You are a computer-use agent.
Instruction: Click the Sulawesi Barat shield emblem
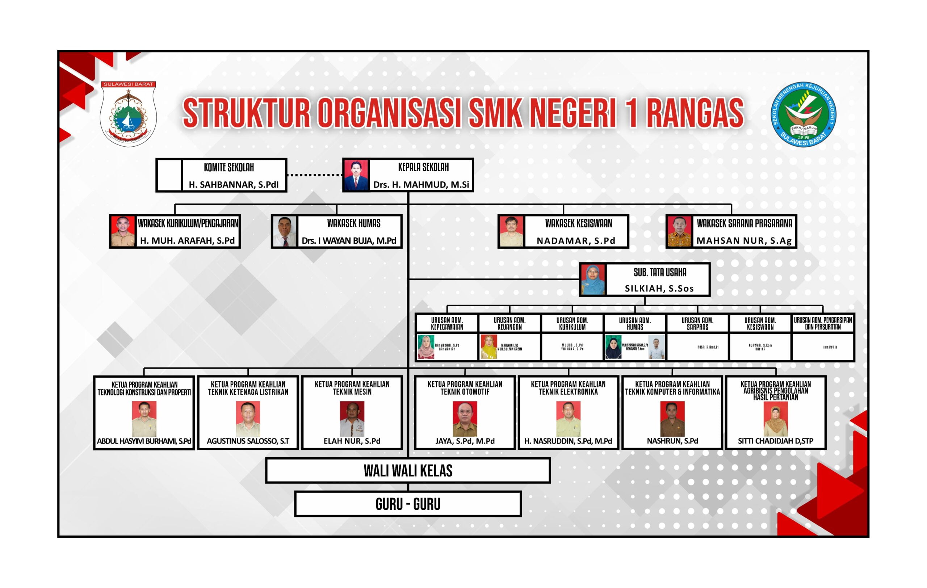pos(128,114)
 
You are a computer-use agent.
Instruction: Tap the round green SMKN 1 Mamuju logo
pos(803,114)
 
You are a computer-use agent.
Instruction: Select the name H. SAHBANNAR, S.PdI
pos(233,185)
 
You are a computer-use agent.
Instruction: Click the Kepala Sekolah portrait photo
pos(356,176)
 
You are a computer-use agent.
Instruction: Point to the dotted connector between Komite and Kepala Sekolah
pos(315,175)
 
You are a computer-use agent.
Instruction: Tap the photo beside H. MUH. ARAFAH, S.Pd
pos(123,231)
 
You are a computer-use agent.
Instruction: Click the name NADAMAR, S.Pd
pos(576,241)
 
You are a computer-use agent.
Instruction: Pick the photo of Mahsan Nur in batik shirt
pos(679,231)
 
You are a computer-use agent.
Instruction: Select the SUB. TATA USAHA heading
pos(660,272)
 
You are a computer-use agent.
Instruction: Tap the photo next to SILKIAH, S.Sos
pos(593,280)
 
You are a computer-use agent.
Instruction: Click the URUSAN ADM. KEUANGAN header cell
pos(509,323)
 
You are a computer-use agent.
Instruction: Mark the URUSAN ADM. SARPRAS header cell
pos(697,323)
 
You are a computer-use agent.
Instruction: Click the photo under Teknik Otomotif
pos(465,419)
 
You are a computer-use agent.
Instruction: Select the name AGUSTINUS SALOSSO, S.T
pos(248,441)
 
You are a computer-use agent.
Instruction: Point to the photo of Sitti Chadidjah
pos(775,419)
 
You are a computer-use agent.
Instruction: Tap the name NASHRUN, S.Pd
pos(672,441)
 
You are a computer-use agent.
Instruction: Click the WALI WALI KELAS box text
pos(408,471)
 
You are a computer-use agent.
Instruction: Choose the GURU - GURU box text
pos(408,504)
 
